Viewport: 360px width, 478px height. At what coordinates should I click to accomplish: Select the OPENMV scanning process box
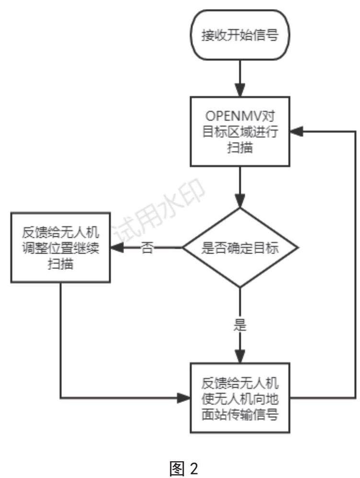[x=240, y=131]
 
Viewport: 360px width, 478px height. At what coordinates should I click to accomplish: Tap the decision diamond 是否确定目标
[x=240, y=248]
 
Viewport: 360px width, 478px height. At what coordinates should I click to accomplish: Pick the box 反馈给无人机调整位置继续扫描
[x=60, y=248]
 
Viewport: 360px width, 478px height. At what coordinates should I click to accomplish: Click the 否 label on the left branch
[x=146, y=249]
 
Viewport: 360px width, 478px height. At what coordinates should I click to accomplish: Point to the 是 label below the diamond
[x=239, y=325]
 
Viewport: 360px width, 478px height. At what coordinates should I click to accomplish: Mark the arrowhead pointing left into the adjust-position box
[x=117, y=248]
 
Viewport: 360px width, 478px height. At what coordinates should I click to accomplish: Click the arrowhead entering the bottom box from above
[x=240, y=357]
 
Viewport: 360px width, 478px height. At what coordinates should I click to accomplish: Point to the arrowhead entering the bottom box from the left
[x=185, y=397]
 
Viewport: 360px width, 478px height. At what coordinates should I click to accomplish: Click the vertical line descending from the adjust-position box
[x=61, y=340]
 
